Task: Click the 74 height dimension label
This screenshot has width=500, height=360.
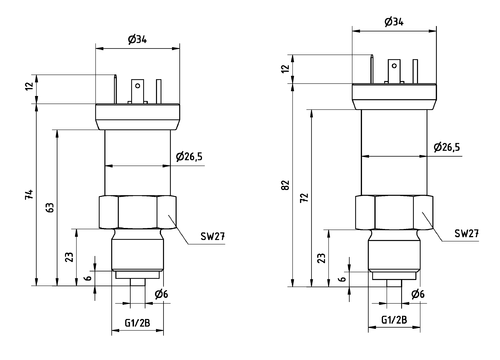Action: pyautogui.click(x=30, y=194)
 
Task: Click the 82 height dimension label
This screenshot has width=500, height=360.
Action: pyautogui.click(x=286, y=185)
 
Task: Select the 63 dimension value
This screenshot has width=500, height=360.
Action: pyautogui.click(x=50, y=207)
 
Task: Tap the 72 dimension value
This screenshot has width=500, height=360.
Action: pyautogui.click(x=304, y=197)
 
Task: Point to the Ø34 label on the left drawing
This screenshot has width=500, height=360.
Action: pyautogui.click(x=137, y=39)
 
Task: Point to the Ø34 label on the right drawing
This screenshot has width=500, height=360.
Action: pyautogui.click(x=394, y=22)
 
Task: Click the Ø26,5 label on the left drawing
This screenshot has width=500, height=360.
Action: pyautogui.click(x=189, y=156)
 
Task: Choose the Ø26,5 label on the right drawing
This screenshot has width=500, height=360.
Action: pyautogui.click(x=447, y=147)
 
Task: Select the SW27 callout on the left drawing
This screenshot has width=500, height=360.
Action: pyautogui.click(x=213, y=236)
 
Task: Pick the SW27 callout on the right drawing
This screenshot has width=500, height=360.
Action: pyautogui.click(x=467, y=233)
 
